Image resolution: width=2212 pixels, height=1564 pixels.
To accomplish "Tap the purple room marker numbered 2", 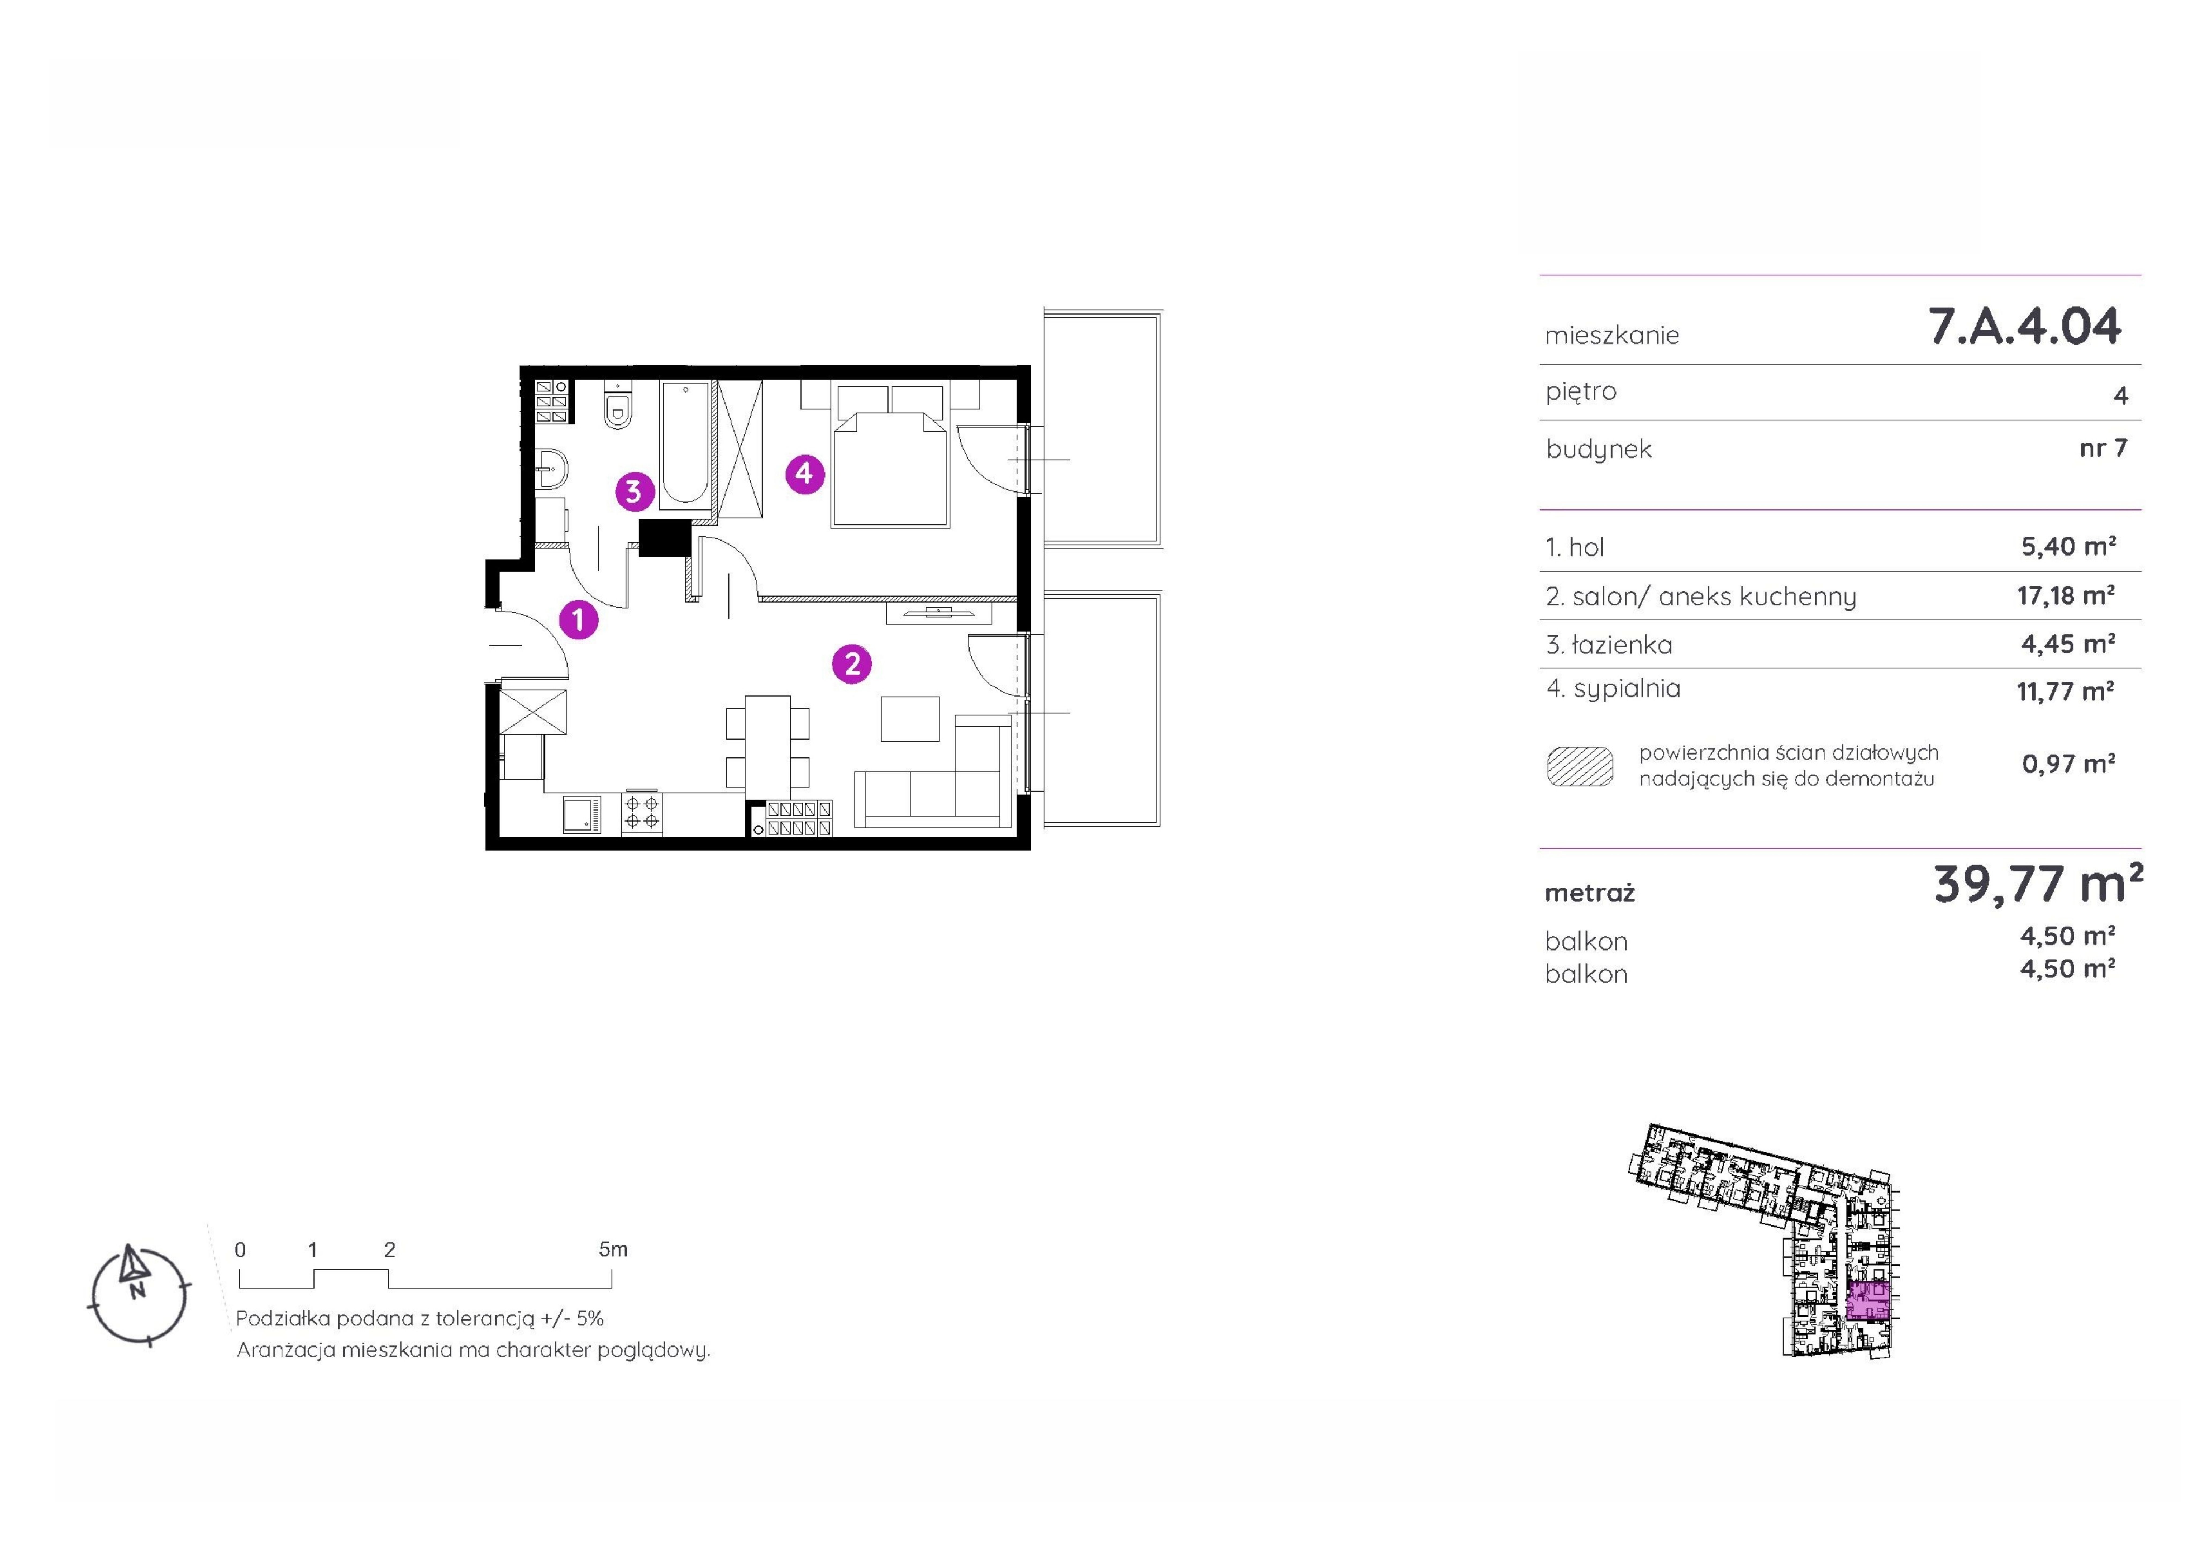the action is coord(852,664).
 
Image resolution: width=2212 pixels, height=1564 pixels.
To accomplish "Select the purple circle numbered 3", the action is coord(634,491).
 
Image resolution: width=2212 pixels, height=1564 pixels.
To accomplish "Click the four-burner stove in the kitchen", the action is coord(642,811).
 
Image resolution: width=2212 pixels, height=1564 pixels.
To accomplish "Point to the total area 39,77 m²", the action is coord(2038,884).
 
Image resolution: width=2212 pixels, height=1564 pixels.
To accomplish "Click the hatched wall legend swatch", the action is coord(1580,766).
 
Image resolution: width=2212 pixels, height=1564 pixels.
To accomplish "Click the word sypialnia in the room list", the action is coord(1627,689).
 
